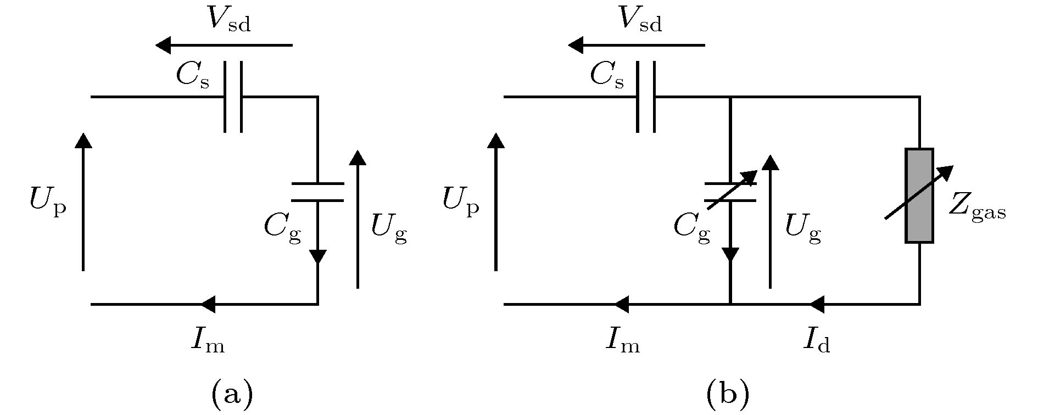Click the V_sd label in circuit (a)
[x=229, y=20]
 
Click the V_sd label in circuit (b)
[x=640, y=20]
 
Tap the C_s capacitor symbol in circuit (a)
[x=233, y=97]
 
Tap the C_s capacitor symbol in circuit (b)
[x=646, y=97]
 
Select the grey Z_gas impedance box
[x=919, y=195]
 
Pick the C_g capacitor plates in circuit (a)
[x=317, y=192]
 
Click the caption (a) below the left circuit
[x=232, y=394]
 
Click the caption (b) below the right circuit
[x=728, y=394]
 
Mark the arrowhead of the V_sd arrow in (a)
[x=164, y=45]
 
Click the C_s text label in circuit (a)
[x=193, y=76]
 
